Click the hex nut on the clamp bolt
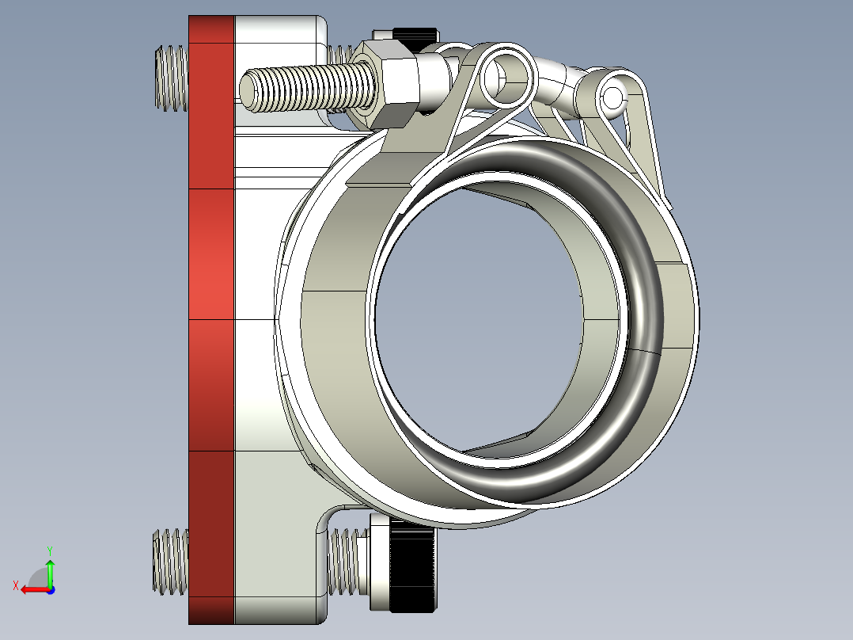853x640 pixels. click(x=390, y=86)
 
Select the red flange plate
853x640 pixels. click(x=212, y=317)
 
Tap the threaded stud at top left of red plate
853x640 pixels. click(x=170, y=77)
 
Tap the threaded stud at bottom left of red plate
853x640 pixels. click(x=170, y=561)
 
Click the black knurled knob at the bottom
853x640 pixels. click(x=414, y=567)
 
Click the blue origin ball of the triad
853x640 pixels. click(x=50, y=589)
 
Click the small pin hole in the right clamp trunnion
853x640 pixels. click(x=612, y=97)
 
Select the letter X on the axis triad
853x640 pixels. click(x=15, y=585)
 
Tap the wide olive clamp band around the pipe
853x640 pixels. click(x=332, y=333)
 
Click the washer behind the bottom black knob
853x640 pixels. click(x=379, y=564)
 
